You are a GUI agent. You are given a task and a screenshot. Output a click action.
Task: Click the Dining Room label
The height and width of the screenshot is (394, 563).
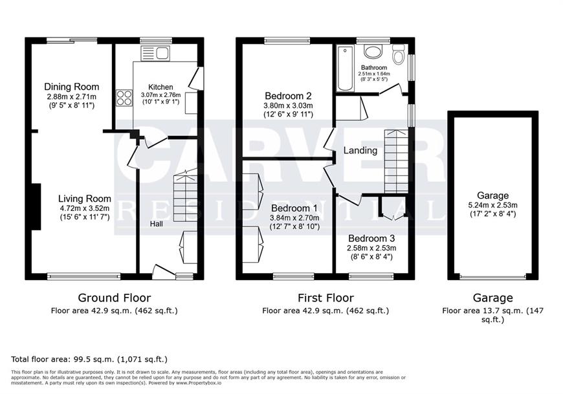click(x=71, y=87)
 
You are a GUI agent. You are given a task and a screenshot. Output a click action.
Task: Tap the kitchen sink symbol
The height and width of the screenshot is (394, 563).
click(x=155, y=54)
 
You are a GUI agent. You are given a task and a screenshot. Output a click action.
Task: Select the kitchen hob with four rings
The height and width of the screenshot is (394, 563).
click(x=124, y=98)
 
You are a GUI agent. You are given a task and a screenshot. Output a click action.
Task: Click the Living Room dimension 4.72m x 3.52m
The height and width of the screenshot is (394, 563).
click(x=85, y=208)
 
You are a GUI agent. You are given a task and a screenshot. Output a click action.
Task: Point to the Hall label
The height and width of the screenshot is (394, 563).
click(x=156, y=224)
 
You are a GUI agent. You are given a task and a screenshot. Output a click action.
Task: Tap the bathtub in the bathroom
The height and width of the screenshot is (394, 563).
click(x=345, y=68)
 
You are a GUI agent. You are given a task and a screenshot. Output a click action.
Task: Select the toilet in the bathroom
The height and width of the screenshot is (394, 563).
click(x=398, y=54)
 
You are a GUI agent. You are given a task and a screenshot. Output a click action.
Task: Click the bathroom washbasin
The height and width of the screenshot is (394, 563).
click(x=373, y=51)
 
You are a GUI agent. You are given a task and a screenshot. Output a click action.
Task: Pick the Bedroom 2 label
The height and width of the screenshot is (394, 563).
click(x=288, y=96)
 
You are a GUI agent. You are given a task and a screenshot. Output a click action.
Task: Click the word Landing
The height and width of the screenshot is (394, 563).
click(x=360, y=150)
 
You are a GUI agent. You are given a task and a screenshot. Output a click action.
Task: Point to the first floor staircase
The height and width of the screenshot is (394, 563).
click(x=397, y=162)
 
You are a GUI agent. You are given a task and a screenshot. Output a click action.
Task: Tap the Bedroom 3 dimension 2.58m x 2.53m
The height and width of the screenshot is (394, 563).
click(x=371, y=248)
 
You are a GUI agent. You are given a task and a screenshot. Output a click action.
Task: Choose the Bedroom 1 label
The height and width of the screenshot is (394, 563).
click(x=294, y=208)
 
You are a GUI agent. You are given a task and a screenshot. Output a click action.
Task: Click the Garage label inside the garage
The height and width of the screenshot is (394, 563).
click(x=492, y=195)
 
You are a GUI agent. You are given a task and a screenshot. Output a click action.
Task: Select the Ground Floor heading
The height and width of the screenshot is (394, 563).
click(x=114, y=298)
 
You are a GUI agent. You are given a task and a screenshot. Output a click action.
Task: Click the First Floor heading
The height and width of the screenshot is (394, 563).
click(x=326, y=298)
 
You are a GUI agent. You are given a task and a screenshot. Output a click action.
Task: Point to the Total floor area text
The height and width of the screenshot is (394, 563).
click(x=89, y=359)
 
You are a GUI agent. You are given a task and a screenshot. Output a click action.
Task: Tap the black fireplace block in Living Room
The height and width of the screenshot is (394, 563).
click(x=36, y=206)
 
